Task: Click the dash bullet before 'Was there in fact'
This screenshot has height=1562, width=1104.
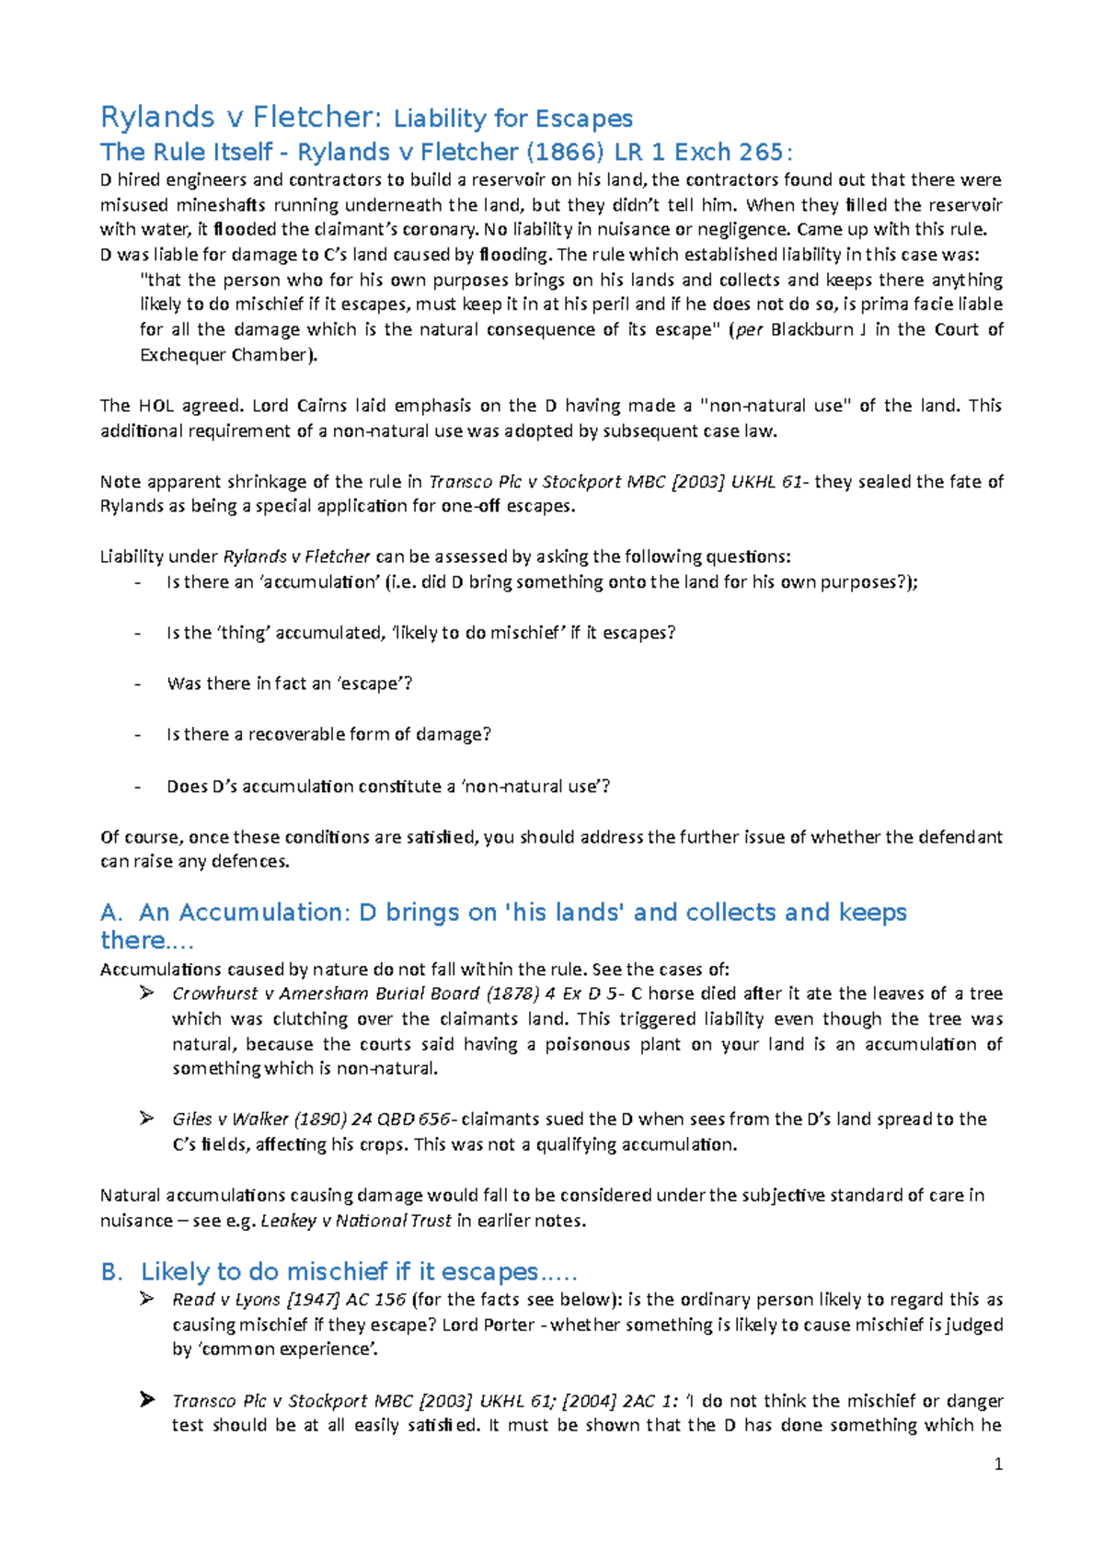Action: coord(138,684)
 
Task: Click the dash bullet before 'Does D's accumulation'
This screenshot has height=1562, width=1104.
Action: coord(138,787)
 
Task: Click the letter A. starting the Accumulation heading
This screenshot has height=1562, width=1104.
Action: coord(111,913)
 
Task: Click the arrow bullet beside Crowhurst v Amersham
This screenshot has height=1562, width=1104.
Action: coord(146,993)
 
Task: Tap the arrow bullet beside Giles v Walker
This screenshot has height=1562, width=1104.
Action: coord(146,1119)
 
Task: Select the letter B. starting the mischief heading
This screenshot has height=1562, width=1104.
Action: coord(111,1272)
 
